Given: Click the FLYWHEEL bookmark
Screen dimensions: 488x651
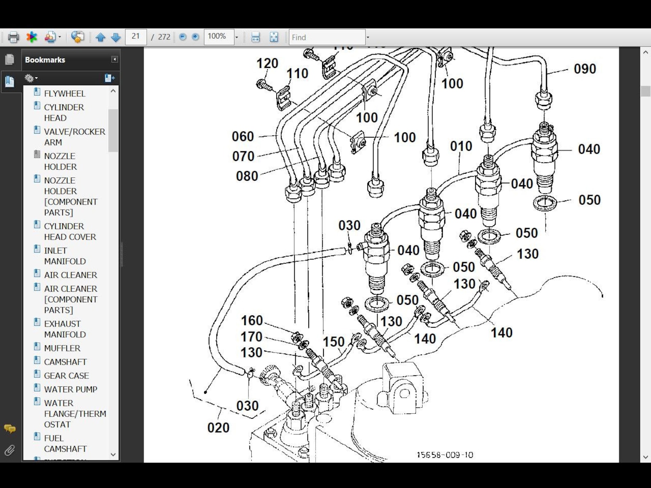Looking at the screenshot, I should [x=64, y=93].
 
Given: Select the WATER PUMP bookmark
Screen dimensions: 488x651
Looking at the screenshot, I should [x=70, y=389].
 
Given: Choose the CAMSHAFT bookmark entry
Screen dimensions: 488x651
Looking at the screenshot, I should [x=65, y=362].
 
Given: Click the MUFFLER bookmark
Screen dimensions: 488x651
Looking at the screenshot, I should [x=62, y=348].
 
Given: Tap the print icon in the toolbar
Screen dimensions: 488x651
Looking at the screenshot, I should [x=14, y=37].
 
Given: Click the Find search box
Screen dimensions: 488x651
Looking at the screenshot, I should [x=326, y=37].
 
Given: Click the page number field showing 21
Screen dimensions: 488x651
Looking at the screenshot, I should [x=136, y=37].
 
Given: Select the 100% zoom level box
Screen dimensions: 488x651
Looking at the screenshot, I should [x=219, y=37].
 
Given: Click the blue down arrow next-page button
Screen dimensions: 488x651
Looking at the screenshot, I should [x=116, y=37].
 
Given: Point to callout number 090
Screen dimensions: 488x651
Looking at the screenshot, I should [x=585, y=69].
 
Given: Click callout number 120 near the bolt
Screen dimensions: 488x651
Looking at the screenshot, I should [x=267, y=64].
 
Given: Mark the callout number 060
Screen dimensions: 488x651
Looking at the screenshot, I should [x=243, y=136].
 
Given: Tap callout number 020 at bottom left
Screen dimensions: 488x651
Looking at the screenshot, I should [x=218, y=428].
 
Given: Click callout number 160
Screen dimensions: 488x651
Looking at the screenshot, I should [x=252, y=320].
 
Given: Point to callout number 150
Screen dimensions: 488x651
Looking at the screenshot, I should [x=333, y=342].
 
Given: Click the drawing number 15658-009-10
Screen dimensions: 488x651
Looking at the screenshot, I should [x=445, y=455].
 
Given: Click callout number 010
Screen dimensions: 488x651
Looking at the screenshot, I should [x=461, y=146].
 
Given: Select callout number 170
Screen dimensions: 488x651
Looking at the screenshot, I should [x=251, y=337].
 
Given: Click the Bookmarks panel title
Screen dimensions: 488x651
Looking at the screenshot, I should [x=45, y=60].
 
